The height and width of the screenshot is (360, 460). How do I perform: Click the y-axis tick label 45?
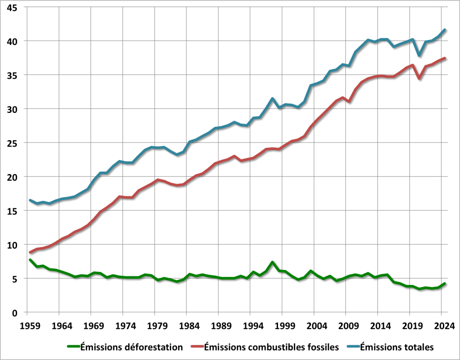(x=12, y=7)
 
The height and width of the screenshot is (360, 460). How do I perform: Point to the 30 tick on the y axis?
(x=12, y=109)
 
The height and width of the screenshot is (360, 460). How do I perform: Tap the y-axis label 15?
(x=12, y=211)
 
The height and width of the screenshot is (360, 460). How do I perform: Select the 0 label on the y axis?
(x=15, y=313)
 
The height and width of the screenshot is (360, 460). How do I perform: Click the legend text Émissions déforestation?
(x=132, y=347)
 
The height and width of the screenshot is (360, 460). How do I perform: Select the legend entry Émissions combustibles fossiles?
(x=271, y=347)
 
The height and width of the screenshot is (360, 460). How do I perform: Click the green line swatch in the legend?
(x=73, y=347)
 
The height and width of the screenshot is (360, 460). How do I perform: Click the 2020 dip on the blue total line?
(x=420, y=56)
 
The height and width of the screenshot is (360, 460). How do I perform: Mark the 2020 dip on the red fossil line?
(x=420, y=78)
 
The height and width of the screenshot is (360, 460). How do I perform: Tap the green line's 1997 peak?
(x=273, y=262)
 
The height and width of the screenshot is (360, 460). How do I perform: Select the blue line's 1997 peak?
(x=273, y=98)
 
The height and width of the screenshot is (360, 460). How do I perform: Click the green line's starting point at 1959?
(x=30, y=260)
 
